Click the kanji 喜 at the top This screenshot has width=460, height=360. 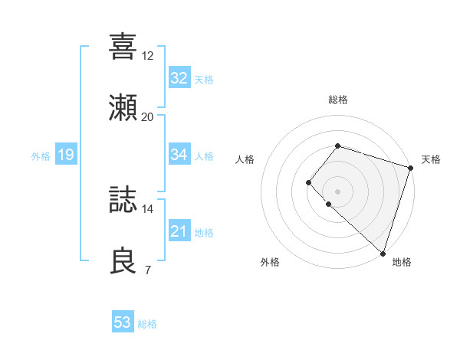tap(123, 45)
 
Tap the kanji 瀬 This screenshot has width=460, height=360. tap(123, 107)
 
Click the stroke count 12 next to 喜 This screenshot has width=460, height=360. tap(148, 55)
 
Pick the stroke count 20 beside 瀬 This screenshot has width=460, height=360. tap(148, 117)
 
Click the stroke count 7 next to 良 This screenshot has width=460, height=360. tap(148, 270)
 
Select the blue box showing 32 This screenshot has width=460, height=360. tap(179, 78)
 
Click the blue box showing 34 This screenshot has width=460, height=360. tap(179, 155)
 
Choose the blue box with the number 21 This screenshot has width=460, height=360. tap(179, 231)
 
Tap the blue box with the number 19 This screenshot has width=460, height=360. tap(66, 155)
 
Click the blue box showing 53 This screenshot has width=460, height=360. tap(123, 322)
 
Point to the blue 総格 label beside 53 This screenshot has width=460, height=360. tap(147, 324)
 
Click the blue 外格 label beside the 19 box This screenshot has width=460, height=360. tap(41, 156)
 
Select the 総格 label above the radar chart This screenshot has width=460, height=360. tap(337, 100)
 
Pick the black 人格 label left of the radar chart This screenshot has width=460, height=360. tap(245, 159)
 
